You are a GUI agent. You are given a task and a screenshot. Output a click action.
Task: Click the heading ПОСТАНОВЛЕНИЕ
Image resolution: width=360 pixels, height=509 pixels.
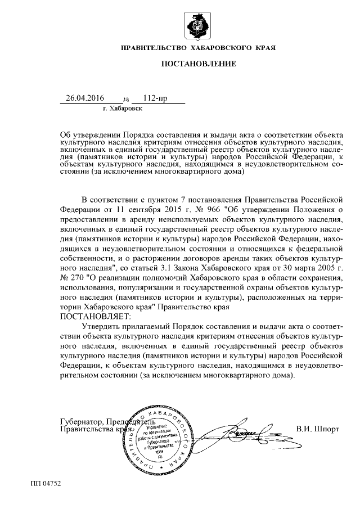tap(199, 64)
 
